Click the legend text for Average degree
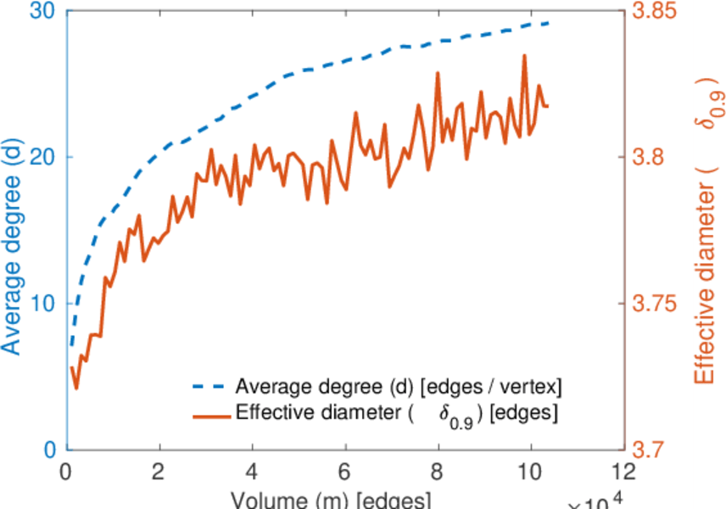tap(399, 387)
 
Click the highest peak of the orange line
tap(524, 55)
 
